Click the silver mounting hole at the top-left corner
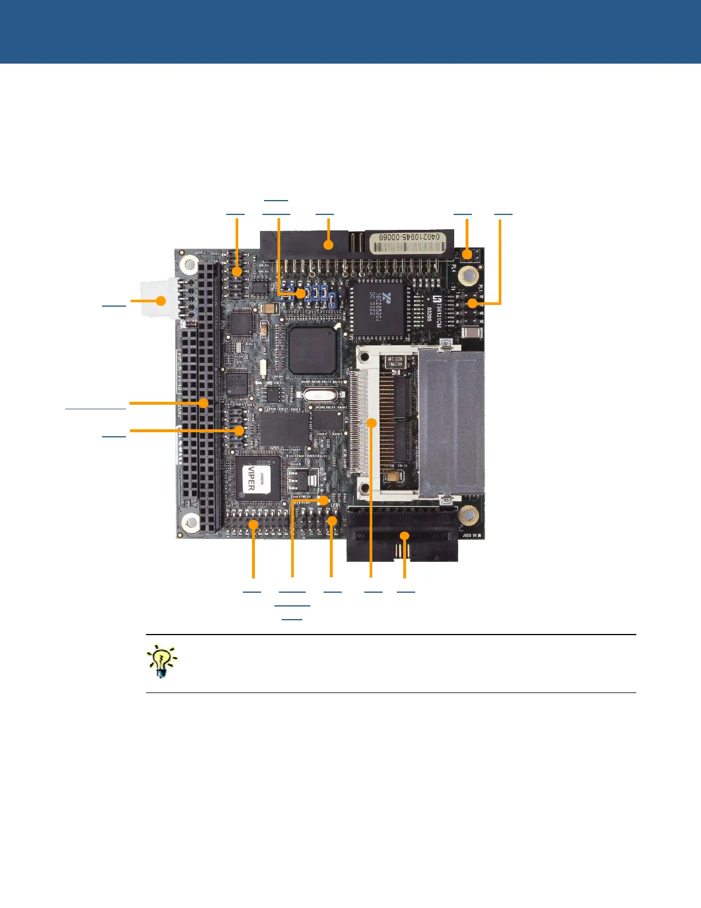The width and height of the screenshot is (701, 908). click(x=188, y=264)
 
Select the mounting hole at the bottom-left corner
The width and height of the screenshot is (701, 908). click(x=189, y=522)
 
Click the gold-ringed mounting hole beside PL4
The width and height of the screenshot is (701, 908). click(x=468, y=275)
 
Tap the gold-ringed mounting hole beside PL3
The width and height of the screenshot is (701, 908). click(x=468, y=515)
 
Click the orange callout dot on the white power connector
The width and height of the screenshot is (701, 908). click(x=162, y=300)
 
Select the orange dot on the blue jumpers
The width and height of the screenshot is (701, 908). click(x=301, y=294)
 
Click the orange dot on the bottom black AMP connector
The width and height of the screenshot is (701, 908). click(x=404, y=536)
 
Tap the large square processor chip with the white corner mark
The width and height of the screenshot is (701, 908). click(x=312, y=351)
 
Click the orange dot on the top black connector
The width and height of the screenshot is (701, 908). click(x=328, y=245)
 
